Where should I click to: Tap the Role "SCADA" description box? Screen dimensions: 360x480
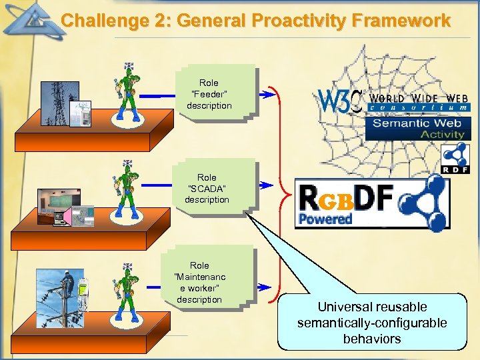pos(207,187)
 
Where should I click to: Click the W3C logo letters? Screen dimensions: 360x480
pos(341,101)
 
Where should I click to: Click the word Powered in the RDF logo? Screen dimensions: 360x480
pos(325,219)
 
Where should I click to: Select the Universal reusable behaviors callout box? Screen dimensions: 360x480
pos(372,323)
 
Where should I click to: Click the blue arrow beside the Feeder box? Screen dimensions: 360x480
pos(265,95)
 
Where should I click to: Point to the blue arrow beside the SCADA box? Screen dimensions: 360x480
pos(265,184)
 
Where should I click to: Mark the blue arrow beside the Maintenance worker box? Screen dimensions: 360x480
pos(265,287)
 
